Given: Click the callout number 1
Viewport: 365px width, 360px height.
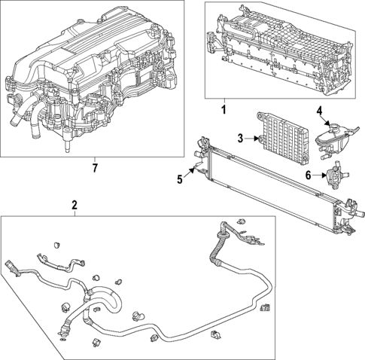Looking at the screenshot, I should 223,110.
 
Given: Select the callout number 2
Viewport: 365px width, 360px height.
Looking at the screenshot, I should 74,205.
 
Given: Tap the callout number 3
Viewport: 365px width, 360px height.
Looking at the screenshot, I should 240,138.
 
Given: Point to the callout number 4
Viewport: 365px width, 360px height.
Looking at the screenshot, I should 319,111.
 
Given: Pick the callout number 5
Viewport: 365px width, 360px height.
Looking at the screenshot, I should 180,178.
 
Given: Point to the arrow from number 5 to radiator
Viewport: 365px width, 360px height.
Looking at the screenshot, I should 192,172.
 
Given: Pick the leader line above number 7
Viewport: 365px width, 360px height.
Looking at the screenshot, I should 94,157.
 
